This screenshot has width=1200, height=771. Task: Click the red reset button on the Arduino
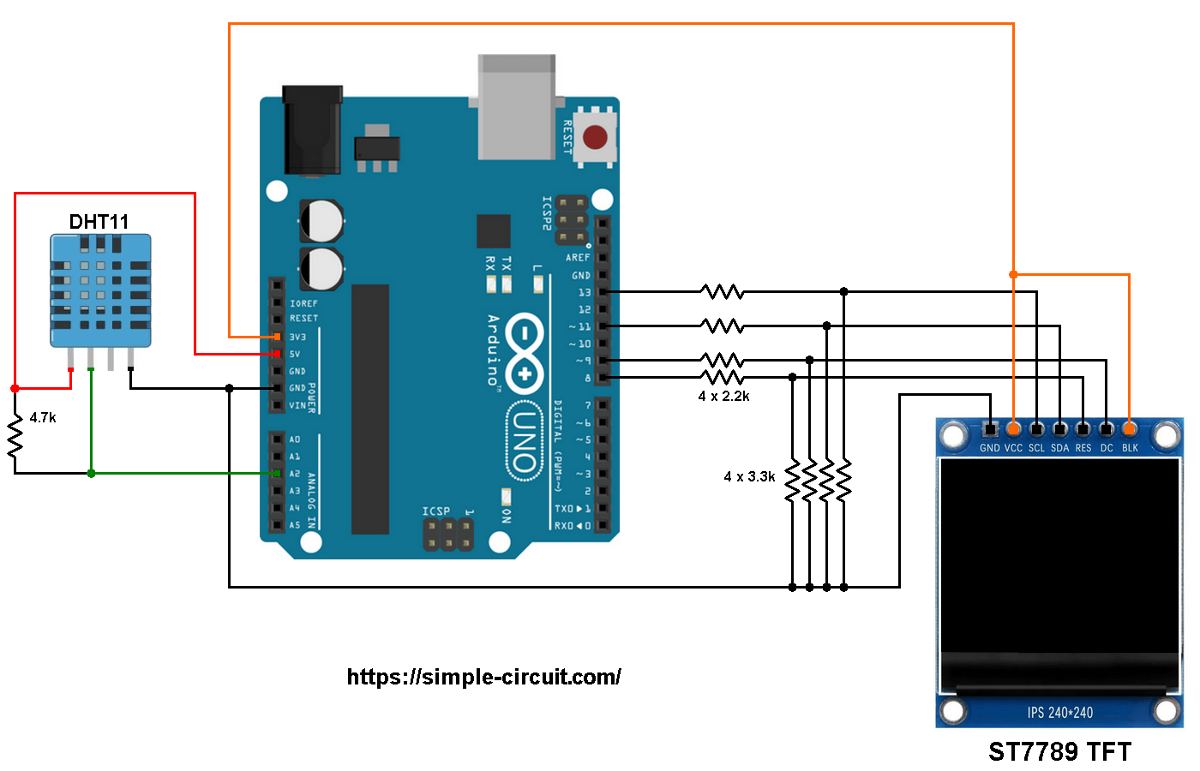point(595,137)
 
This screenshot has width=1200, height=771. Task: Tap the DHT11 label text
point(99,222)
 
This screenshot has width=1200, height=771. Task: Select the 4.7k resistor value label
point(43,418)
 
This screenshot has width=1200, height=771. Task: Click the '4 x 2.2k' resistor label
point(723,396)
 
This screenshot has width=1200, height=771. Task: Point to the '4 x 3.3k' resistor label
point(749,476)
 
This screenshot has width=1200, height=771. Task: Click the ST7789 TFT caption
point(1059,752)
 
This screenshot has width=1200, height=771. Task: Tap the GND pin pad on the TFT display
point(990,428)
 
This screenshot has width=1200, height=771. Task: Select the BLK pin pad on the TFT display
point(1130,427)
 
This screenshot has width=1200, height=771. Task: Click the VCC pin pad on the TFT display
point(1013,428)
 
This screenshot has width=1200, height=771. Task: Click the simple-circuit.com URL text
point(483,677)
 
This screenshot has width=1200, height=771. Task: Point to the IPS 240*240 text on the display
point(1059,713)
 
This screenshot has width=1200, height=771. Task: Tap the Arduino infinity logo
point(524,354)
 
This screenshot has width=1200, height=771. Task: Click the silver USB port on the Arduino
point(517,107)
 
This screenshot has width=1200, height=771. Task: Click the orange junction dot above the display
point(1013,274)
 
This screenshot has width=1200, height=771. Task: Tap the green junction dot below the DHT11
point(91,473)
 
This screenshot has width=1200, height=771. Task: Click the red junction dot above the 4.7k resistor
point(15,389)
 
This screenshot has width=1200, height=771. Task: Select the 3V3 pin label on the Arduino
point(297,337)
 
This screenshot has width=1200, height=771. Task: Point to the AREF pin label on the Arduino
point(578,258)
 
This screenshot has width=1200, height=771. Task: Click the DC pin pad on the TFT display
point(1107,428)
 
